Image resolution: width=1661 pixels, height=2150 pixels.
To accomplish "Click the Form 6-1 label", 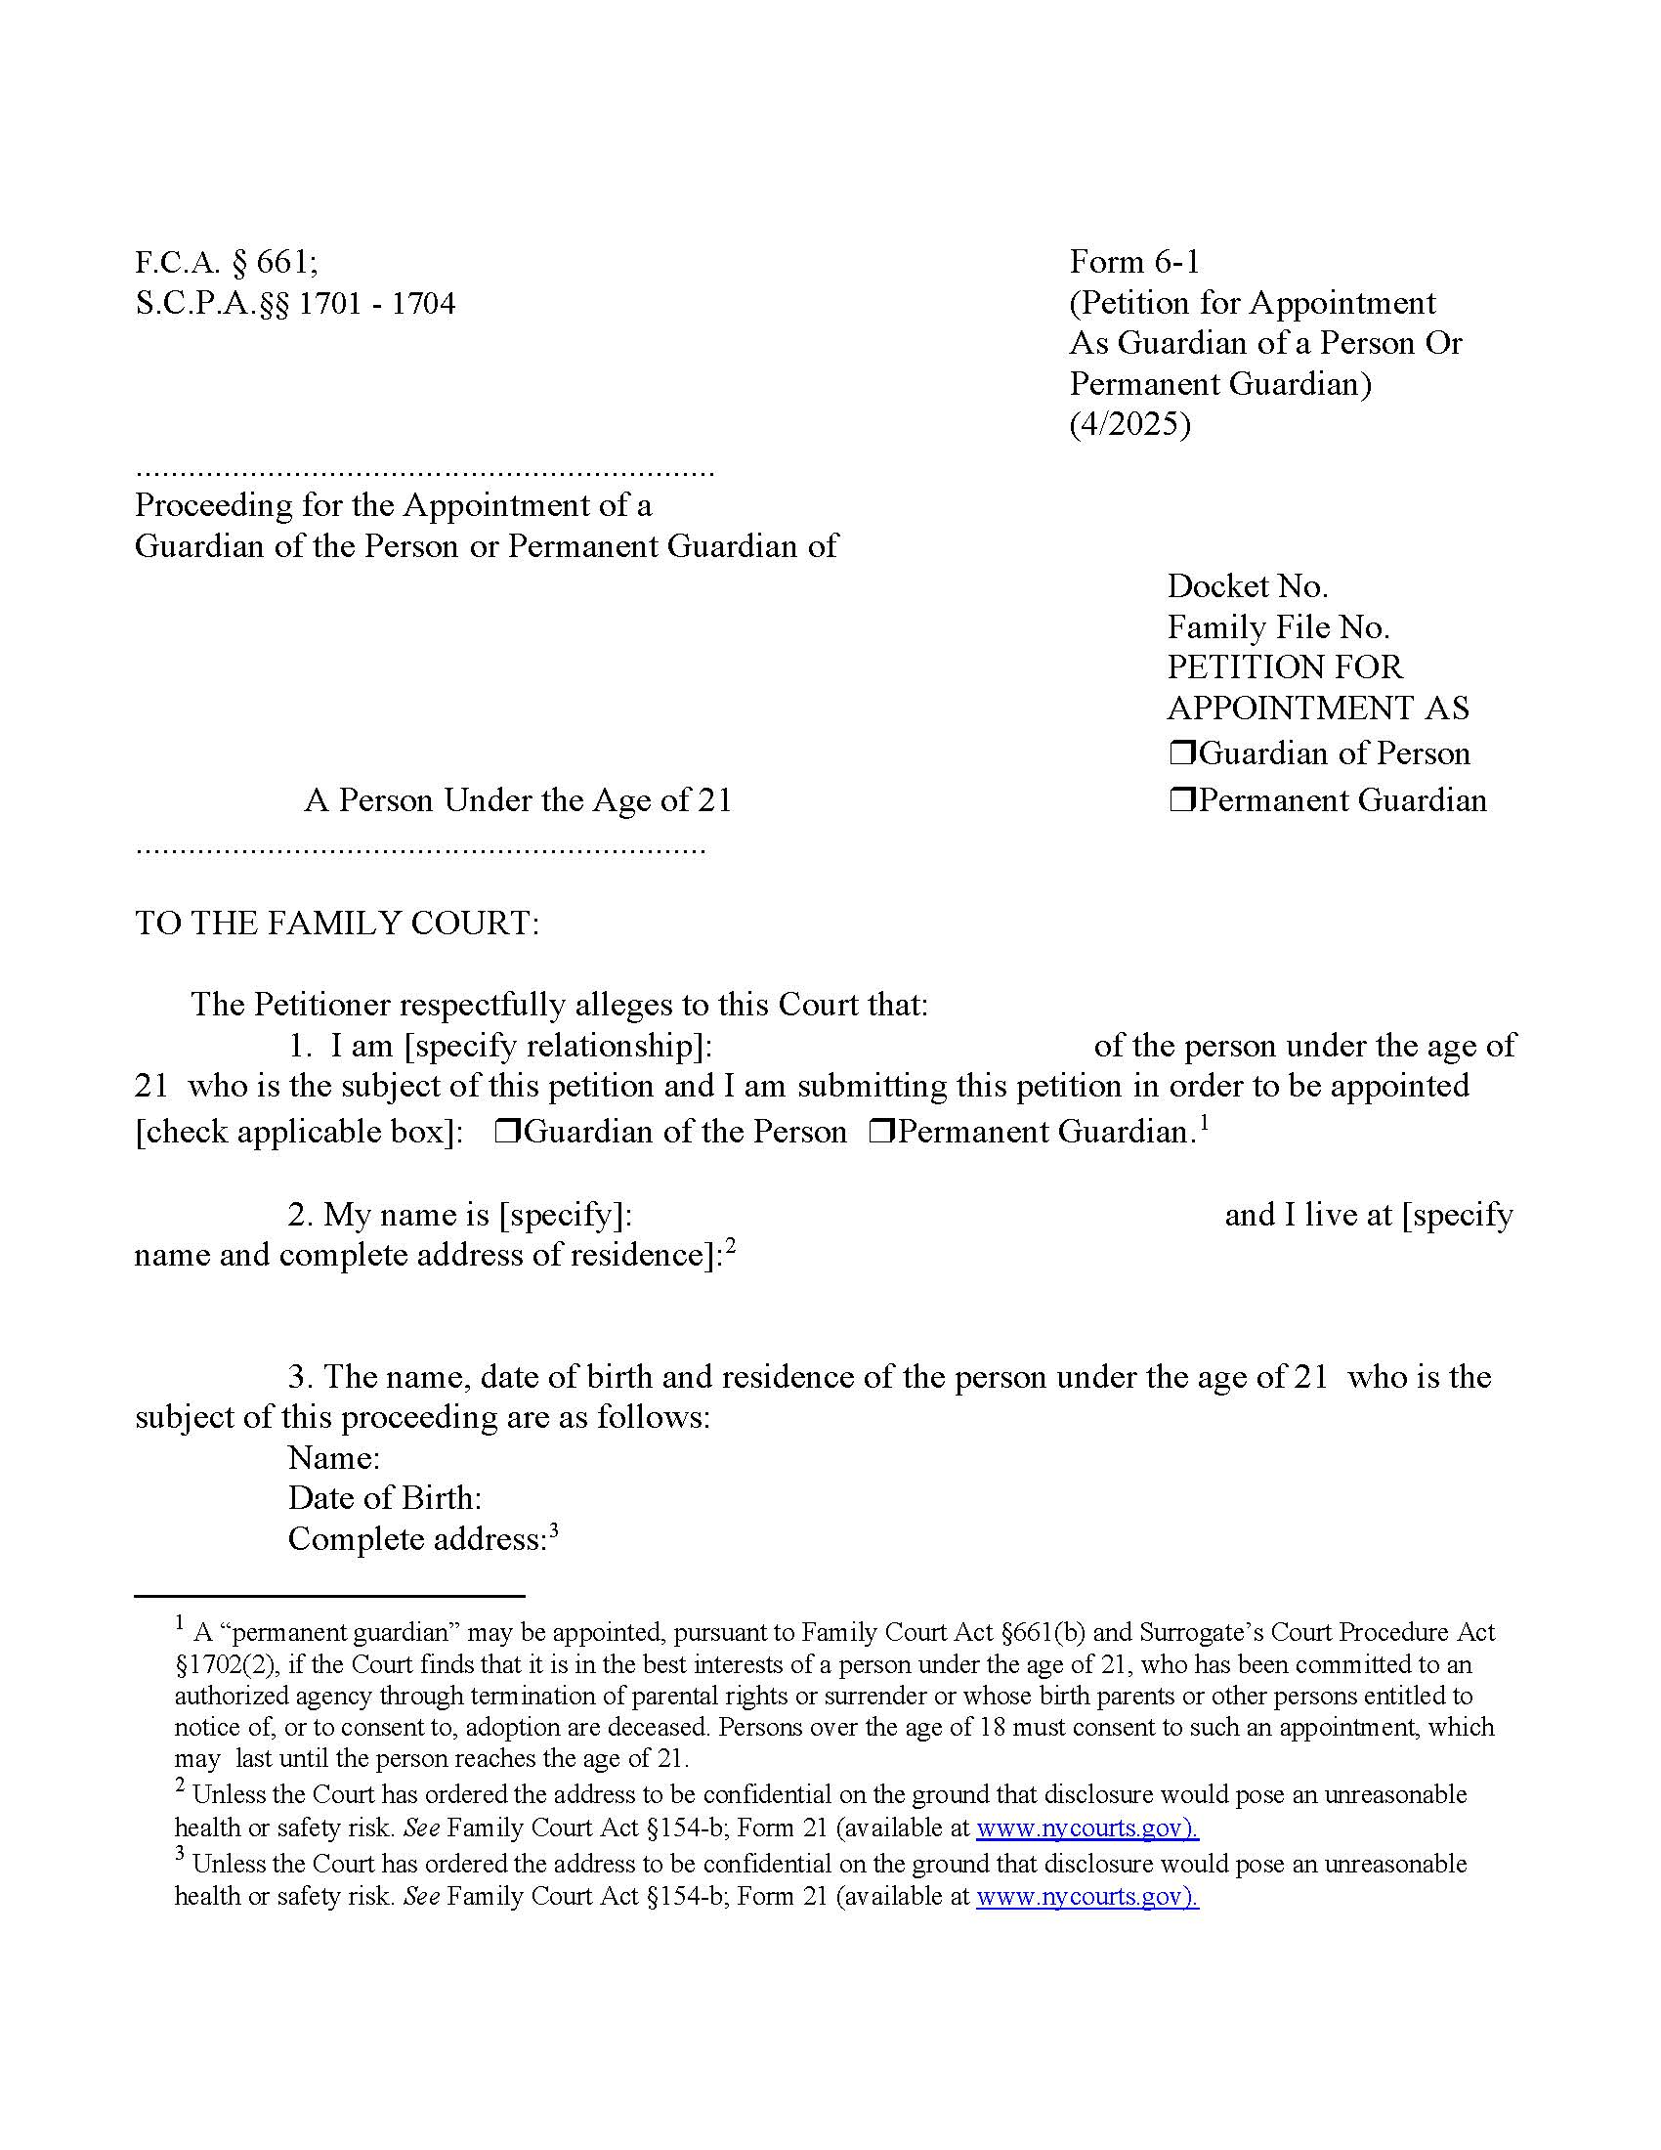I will [1133, 262].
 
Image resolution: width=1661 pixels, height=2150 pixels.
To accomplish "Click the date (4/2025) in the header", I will [1129, 424].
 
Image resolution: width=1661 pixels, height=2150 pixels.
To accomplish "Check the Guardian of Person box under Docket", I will [1181, 753].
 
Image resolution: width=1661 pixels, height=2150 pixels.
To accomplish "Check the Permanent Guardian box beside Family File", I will [1181, 799].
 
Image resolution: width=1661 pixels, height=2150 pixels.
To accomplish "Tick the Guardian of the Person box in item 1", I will [507, 1132].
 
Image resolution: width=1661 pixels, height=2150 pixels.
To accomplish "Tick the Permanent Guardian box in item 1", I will [880, 1132].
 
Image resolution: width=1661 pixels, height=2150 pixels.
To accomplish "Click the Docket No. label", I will [1247, 586].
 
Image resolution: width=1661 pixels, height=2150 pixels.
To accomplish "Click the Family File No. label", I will [1277, 627].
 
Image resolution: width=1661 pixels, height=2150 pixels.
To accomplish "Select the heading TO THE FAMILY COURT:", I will [336, 924].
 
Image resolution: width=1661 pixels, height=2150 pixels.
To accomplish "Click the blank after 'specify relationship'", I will [901, 1046].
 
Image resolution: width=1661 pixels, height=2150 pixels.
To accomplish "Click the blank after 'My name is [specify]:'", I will [925, 1216].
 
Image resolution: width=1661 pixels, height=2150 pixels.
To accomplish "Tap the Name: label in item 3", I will [333, 1458].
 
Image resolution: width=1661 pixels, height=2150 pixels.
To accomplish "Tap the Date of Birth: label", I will [385, 1498].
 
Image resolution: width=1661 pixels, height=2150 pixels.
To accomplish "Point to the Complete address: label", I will [416, 1539].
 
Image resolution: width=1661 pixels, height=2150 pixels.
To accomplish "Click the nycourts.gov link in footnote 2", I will [1086, 1828].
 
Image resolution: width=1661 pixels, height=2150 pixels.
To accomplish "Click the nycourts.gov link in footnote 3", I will [1086, 1897].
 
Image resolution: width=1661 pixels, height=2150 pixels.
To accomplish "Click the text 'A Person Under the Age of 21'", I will [518, 800].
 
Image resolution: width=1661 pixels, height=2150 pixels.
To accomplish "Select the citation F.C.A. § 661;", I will [227, 263].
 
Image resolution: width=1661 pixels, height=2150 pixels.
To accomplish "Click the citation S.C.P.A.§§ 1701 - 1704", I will [295, 303].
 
